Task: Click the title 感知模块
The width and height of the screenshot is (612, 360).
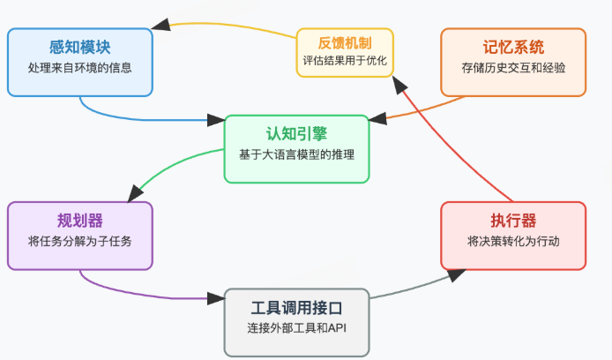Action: [79, 47]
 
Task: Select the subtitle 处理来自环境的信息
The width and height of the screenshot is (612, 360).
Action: [79, 67]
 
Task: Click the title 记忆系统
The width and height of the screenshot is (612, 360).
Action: [513, 47]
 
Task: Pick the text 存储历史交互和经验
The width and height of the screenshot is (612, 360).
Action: [513, 67]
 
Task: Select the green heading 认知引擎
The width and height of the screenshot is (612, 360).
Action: [296, 133]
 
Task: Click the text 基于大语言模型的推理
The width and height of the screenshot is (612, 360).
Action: [296, 154]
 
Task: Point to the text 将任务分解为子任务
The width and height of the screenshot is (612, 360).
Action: [79, 241]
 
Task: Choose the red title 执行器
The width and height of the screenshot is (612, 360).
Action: [513, 221]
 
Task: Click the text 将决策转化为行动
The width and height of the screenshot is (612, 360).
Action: [513, 241]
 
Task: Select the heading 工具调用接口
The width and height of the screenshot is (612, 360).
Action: [296, 308]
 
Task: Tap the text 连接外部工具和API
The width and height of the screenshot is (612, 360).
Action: [296, 327]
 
